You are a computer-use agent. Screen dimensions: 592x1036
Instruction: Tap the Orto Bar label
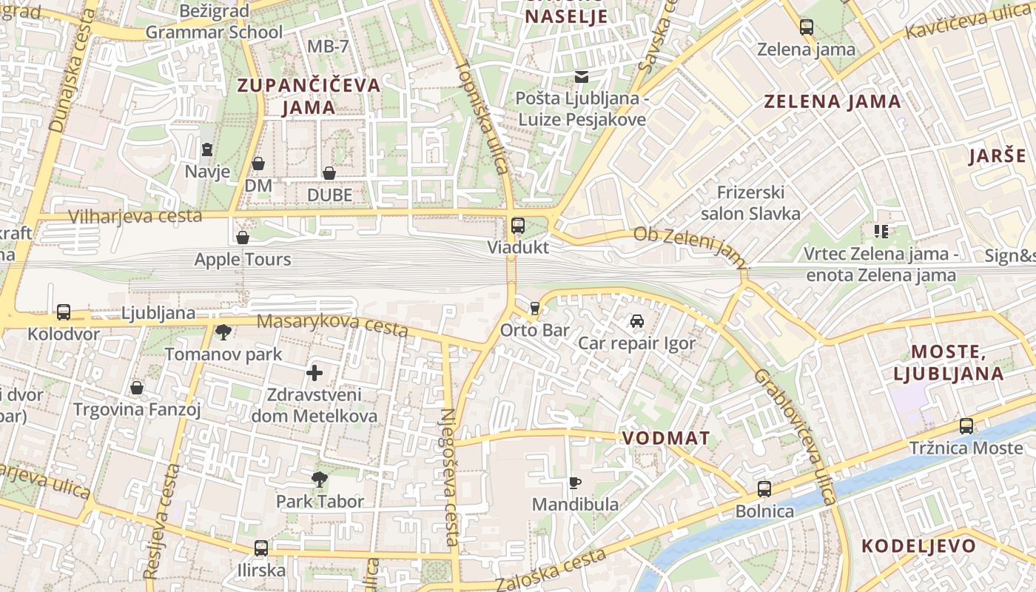pos(535,330)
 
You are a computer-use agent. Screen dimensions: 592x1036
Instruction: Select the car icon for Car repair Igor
pos(636,321)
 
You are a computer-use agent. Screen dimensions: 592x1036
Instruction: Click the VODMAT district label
pos(666,438)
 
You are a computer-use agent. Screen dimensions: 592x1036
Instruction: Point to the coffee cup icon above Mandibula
pos(575,483)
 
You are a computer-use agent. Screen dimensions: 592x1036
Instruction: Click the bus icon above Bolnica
pos(764,489)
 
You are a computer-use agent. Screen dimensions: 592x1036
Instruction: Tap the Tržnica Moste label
pos(966,448)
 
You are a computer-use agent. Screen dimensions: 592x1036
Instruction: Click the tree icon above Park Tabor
pos(320,480)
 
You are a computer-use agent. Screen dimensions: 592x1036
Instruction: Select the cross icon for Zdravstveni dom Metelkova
pos(314,373)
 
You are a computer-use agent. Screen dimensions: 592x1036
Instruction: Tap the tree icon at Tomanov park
pos(223,332)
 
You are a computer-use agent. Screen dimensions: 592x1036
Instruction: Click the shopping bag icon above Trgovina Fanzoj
pos(137,388)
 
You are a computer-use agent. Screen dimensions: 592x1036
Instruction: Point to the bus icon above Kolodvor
pos(64,312)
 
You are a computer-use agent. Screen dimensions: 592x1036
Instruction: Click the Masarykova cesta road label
pos(332,324)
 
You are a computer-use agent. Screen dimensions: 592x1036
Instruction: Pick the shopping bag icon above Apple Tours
pos(242,238)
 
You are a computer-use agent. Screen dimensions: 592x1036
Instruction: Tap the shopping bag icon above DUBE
pos(329,173)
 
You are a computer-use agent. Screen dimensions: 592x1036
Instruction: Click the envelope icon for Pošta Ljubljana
pos(581,76)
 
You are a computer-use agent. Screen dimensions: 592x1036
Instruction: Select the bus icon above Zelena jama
pos(807,28)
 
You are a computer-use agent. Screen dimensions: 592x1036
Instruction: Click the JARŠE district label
pos(998,156)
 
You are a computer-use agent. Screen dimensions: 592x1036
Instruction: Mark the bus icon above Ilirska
pos(261,548)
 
